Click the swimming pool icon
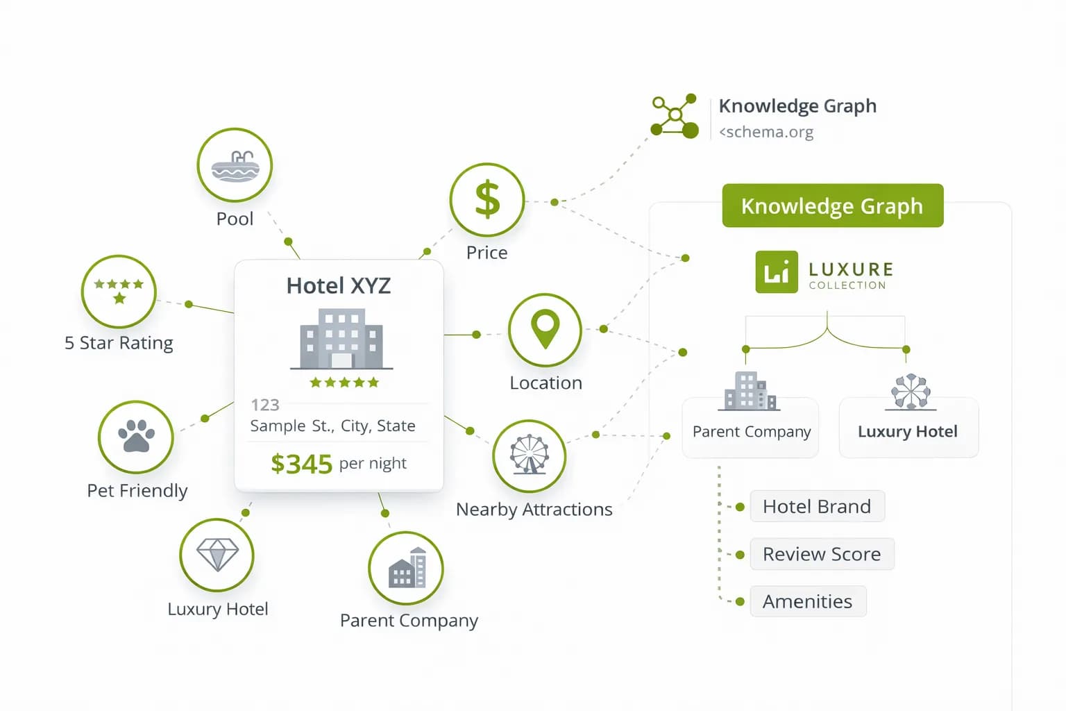pyautogui.click(x=235, y=167)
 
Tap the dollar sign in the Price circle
pyautogui.click(x=487, y=199)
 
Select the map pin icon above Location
pyautogui.click(x=545, y=328)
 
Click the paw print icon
pyautogui.click(x=136, y=436)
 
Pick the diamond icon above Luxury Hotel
pyautogui.click(x=217, y=554)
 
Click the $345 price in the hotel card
pyautogui.click(x=302, y=464)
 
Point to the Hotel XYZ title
pyautogui.click(x=339, y=286)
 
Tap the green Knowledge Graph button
pyautogui.click(x=833, y=206)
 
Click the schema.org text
pyautogui.click(x=766, y=132)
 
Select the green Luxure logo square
pyautogui.click(x=777, y=272)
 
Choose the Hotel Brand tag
pyautogui.click(x=817, y=506)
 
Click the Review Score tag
pyautogui.click(x=822, y=554)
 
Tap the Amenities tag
pyautogui.click(x=808, y=601)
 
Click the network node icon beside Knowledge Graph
pyautogui.click(x=675, y=116)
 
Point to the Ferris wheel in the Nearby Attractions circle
pyautogui.click(x=530, y=454)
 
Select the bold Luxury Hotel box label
pyautogui.click(x=908, y=431)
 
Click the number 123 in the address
pyautogui.click(x=265, y=405)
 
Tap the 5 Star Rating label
pyautogui.click(x=119, y=343)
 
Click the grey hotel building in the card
pyautogui.click(x=341, y=339)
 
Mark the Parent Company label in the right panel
pyautogui.click(x=752, y=431)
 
